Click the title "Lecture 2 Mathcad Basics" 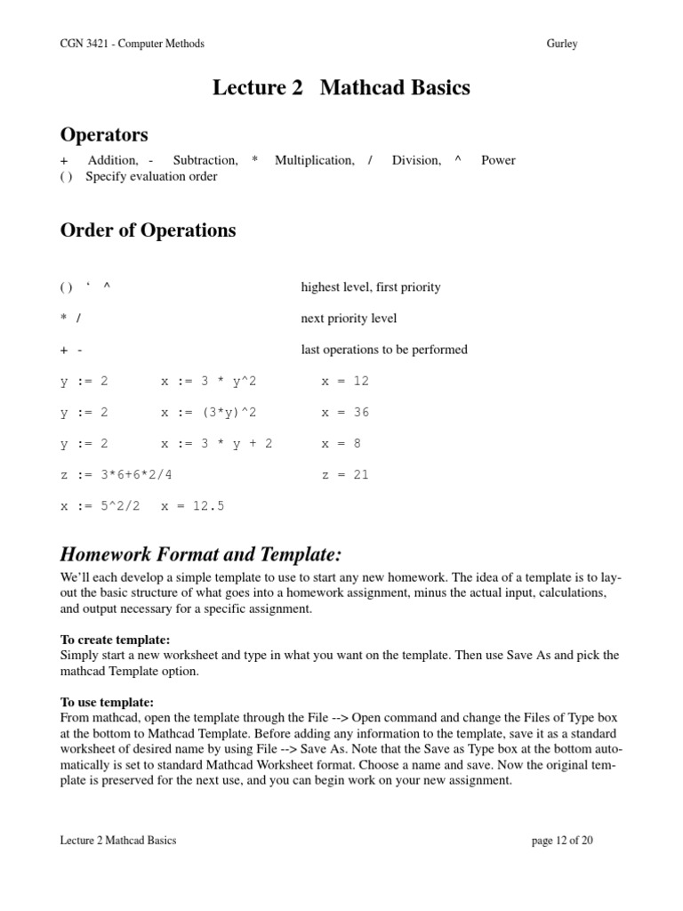[341, 88]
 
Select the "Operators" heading [104, 135]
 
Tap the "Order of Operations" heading [148, 230]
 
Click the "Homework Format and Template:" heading [200, 555]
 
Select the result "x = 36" [345, 412]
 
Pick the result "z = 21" [345, 474]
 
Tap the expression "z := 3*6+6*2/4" [117, 474]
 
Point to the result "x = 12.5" [193, 505]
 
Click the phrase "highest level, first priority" [371, 287]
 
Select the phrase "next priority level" [349, 318]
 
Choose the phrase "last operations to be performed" [384, 350]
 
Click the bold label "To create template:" [115, 640]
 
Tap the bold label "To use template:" [107, 702]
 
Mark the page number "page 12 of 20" [562, 840]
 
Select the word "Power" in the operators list [498, 160]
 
